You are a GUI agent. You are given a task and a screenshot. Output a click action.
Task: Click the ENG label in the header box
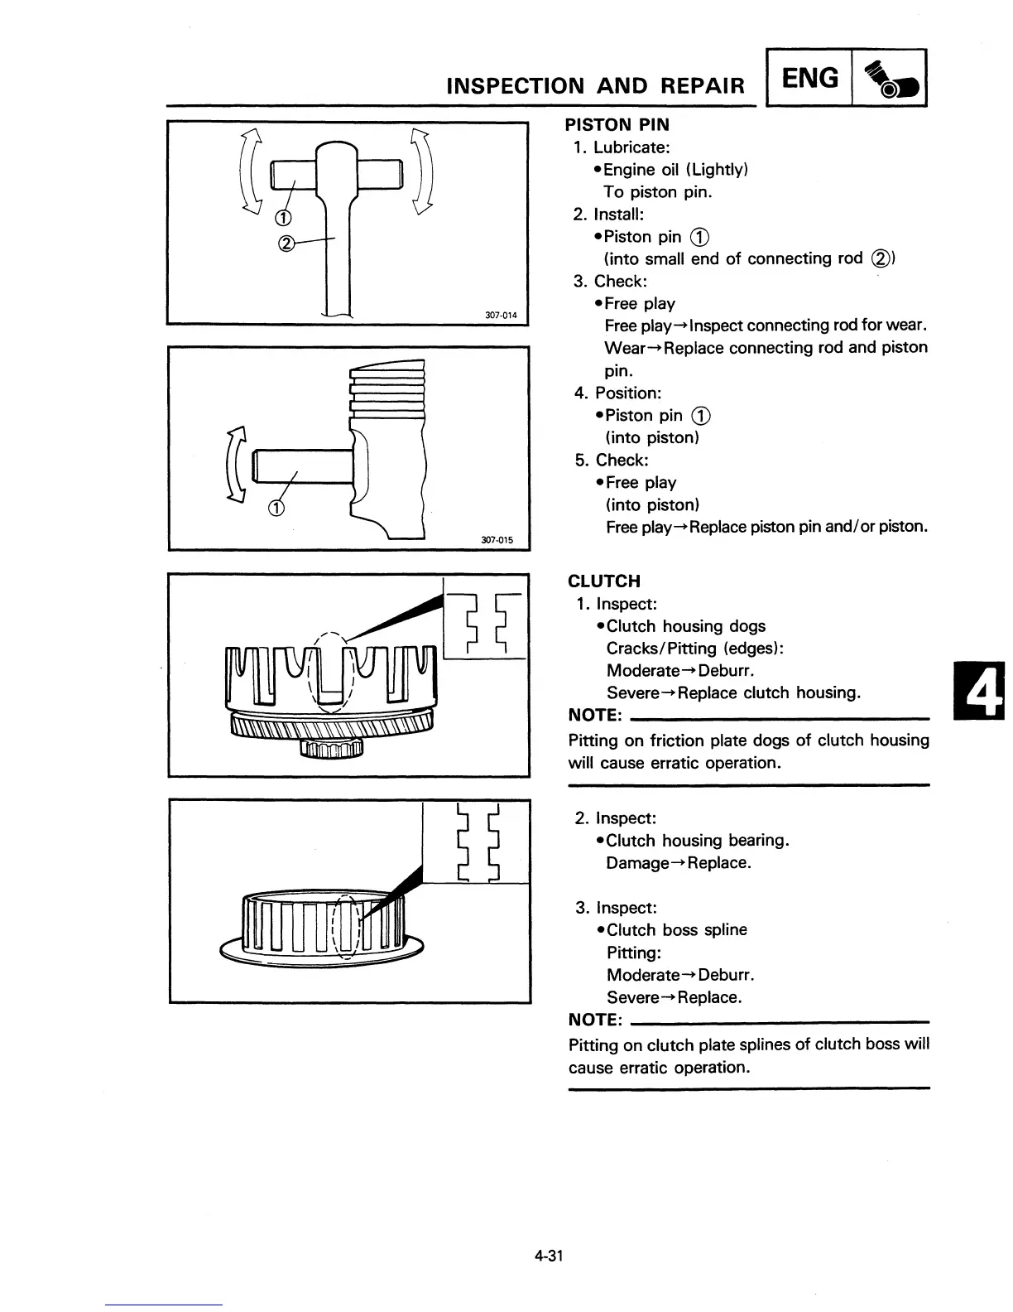[x=810, y=79]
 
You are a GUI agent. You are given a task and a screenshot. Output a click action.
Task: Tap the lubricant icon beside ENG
[x=890, y=80]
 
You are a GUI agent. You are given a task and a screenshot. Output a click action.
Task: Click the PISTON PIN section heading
[x=617, y=125]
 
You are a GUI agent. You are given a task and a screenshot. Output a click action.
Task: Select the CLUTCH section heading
[x=604, y=581]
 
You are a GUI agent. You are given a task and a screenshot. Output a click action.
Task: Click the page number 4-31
[x=548, y=1256]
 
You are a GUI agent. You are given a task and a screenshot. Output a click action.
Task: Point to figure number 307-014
[x=500, y=315]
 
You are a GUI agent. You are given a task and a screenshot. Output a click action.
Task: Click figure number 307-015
[x=497, y=540]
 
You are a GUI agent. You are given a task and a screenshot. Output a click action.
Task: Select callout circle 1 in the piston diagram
[x=277, y=508]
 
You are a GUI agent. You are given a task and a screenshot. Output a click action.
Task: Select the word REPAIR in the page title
[x=702, y=85]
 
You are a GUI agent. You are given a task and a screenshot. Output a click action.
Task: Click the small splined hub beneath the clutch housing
[x=331, y=748]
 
